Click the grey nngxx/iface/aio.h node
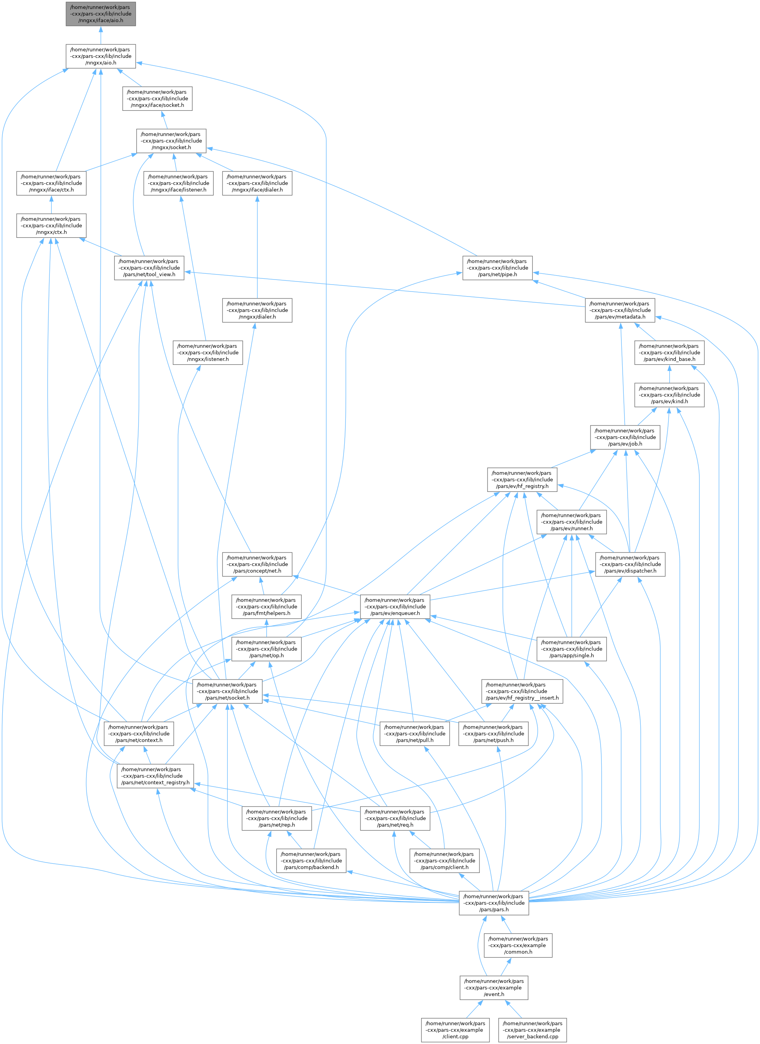point(100,14)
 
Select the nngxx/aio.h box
point(100,56)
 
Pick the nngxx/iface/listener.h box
point(178,183)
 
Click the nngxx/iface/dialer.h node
point(257,183)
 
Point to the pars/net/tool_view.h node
point(149,268)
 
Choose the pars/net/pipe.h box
point(497,268)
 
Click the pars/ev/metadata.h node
point(619,310)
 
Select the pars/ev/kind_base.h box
point(669,353)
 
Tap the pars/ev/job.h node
point(625,437)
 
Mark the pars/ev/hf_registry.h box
point(522,480)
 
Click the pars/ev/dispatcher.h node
point(630,564)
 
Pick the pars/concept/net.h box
point(257,564)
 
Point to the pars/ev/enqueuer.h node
point(395,607)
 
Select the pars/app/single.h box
point(571,649)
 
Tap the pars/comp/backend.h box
point(311,861)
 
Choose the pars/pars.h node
point(494,903)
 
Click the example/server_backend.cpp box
point(532,1030)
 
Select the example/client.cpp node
point(455,1030)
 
